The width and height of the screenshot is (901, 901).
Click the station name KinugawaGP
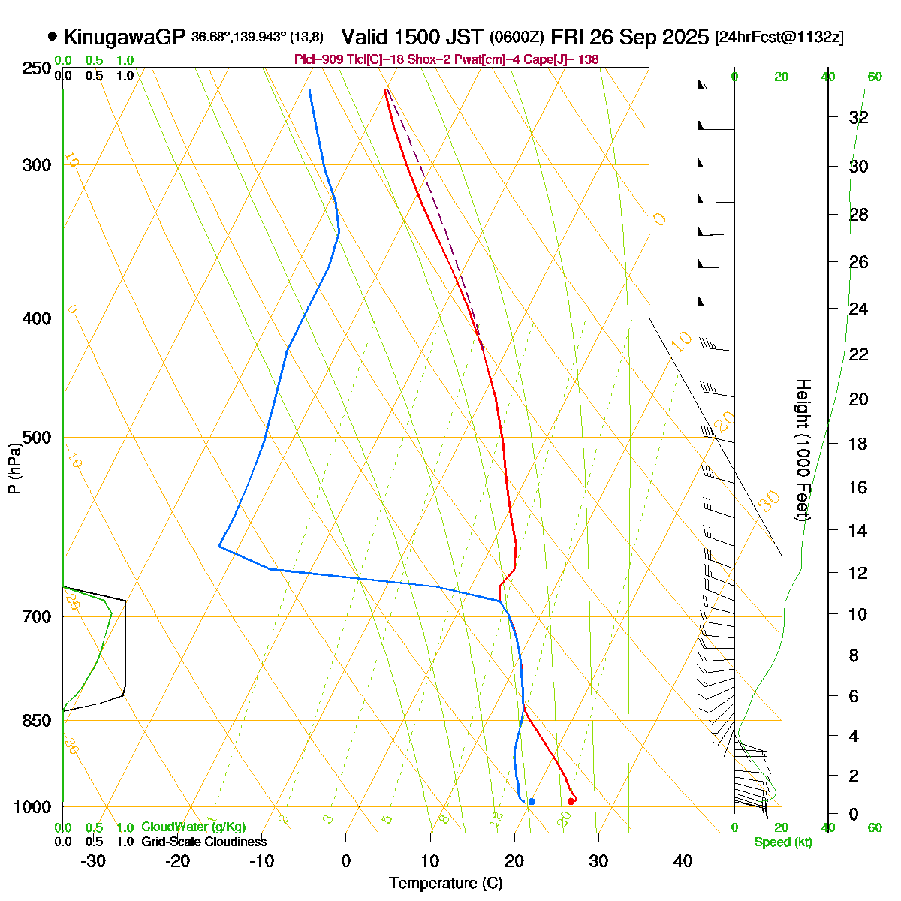125,37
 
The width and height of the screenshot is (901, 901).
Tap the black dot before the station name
52,36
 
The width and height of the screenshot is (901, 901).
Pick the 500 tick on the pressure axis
37,438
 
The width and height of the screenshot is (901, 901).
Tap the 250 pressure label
37,68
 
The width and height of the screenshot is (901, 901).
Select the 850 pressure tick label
37,721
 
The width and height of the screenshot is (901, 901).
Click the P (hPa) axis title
14,469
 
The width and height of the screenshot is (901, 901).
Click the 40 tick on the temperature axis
683,861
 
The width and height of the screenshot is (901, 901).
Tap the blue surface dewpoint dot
532,802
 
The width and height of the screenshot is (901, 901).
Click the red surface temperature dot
571,802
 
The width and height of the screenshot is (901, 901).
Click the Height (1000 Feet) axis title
803,450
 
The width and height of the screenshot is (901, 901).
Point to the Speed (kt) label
783,842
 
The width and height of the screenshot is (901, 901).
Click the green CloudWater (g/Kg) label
193,827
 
